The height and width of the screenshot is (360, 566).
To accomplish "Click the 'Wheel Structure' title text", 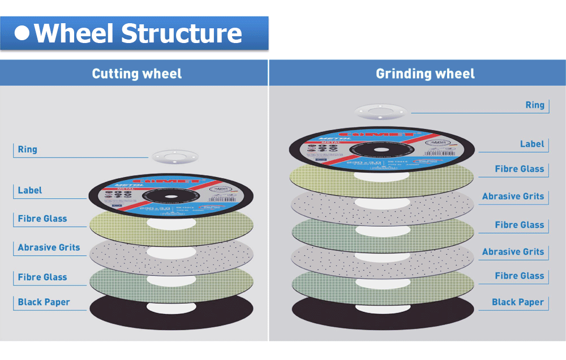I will tap(138, 33).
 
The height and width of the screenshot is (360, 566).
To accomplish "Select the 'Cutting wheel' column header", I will tap(136, 74).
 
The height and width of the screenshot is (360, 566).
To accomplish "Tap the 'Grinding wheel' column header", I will tap(425, 74).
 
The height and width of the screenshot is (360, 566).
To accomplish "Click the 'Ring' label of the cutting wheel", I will tap(27, 149).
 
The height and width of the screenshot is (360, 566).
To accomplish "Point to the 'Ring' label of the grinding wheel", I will tap(534, 105).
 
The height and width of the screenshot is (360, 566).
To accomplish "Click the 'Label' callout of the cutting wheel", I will tap(29, 190).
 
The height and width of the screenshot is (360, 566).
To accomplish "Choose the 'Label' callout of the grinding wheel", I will tap(532, 144).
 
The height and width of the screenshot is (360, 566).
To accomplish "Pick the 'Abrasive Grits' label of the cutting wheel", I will tap(49, 247).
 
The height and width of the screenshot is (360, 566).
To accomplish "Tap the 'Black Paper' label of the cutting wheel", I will tap(44, 302).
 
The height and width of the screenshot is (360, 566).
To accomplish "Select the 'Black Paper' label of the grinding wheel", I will tap(517, 302).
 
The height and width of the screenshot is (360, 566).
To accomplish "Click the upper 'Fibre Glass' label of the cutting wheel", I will tap(42, 218).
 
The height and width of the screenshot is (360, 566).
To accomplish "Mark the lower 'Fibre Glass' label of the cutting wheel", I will tap(42, 277).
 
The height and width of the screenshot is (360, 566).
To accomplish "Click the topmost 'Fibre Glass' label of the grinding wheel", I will tap(519, 169).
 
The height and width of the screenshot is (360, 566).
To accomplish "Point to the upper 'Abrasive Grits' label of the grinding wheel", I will tap(513, 196).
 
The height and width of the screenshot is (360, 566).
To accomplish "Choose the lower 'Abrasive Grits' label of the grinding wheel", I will tap(513, 251).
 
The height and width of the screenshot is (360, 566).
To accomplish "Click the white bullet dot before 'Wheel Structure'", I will tap(22, 33).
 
